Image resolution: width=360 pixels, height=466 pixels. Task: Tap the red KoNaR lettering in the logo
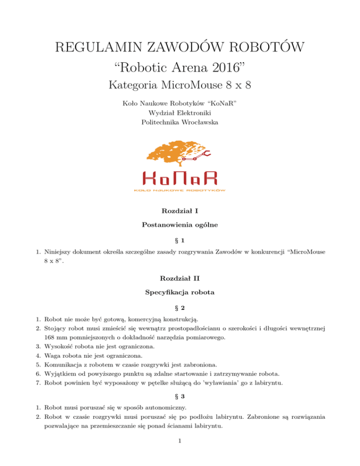pos(180,179)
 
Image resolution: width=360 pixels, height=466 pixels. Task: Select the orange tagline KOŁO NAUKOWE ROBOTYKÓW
pos(180,191)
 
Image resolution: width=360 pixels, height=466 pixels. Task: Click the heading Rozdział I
pos(180,212)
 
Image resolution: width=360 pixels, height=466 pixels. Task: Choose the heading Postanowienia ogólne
pos(180,225)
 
